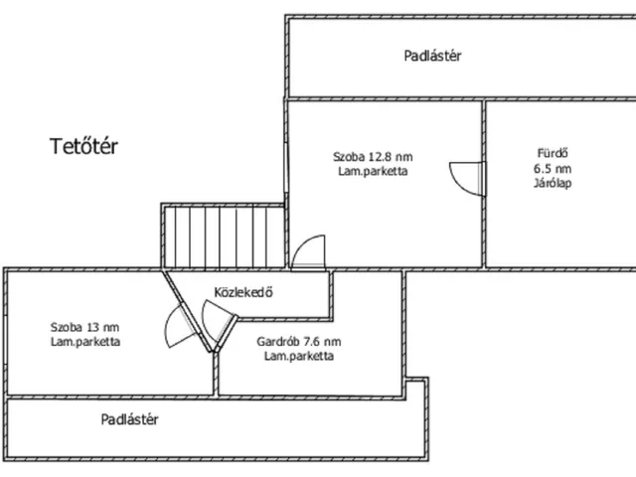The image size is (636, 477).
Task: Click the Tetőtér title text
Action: point(83,146)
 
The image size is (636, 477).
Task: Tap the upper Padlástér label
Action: point(432,56)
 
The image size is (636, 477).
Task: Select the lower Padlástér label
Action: point(129,419)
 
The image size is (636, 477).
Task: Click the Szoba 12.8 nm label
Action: point(373,157)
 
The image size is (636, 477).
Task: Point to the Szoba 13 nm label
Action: point(84,327)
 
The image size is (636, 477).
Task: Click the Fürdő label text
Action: point(553,153)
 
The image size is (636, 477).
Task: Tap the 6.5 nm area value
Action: point(553,168)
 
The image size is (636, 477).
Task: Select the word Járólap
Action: point(553,183)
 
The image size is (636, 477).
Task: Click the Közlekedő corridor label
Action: point(243,292)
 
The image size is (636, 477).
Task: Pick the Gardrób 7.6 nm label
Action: point(299,342)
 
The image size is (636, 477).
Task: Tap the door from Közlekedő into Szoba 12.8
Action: point(309,252)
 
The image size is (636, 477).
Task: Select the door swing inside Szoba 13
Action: point(181,327)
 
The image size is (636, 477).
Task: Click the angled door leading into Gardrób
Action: point(219,325)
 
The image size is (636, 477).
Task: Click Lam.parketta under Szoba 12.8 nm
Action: point(373,171)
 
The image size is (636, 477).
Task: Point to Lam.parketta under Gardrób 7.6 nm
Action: point(299,356)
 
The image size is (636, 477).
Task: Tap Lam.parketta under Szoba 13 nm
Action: point(85,342)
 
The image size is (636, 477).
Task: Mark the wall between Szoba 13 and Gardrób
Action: point(216,374)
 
